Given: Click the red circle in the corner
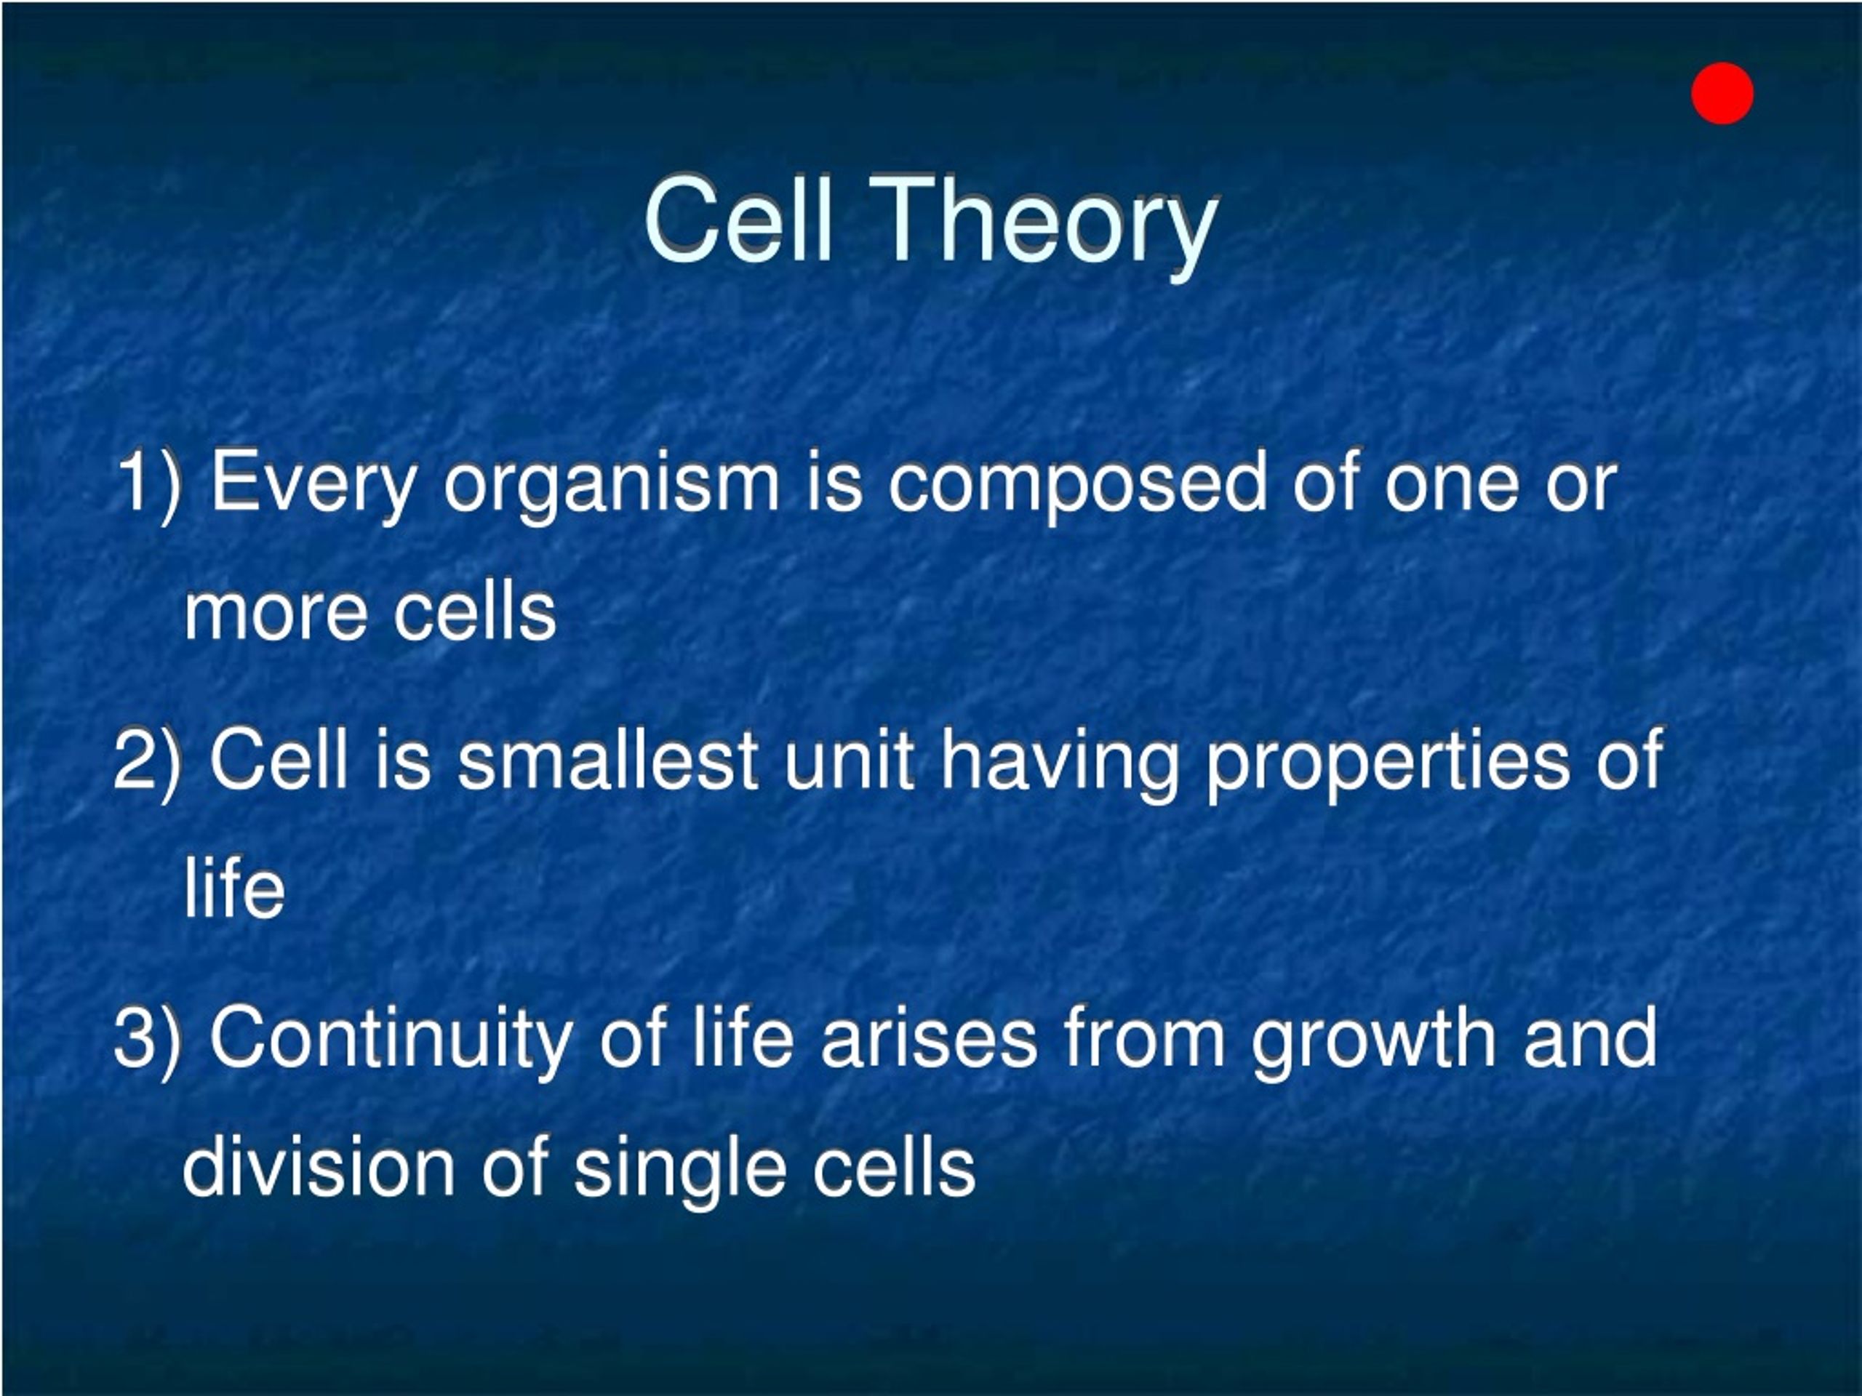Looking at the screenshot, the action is point(1722,93).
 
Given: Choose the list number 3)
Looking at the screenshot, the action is point(148,1039).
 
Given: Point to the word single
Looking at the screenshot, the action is point(679,1172).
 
